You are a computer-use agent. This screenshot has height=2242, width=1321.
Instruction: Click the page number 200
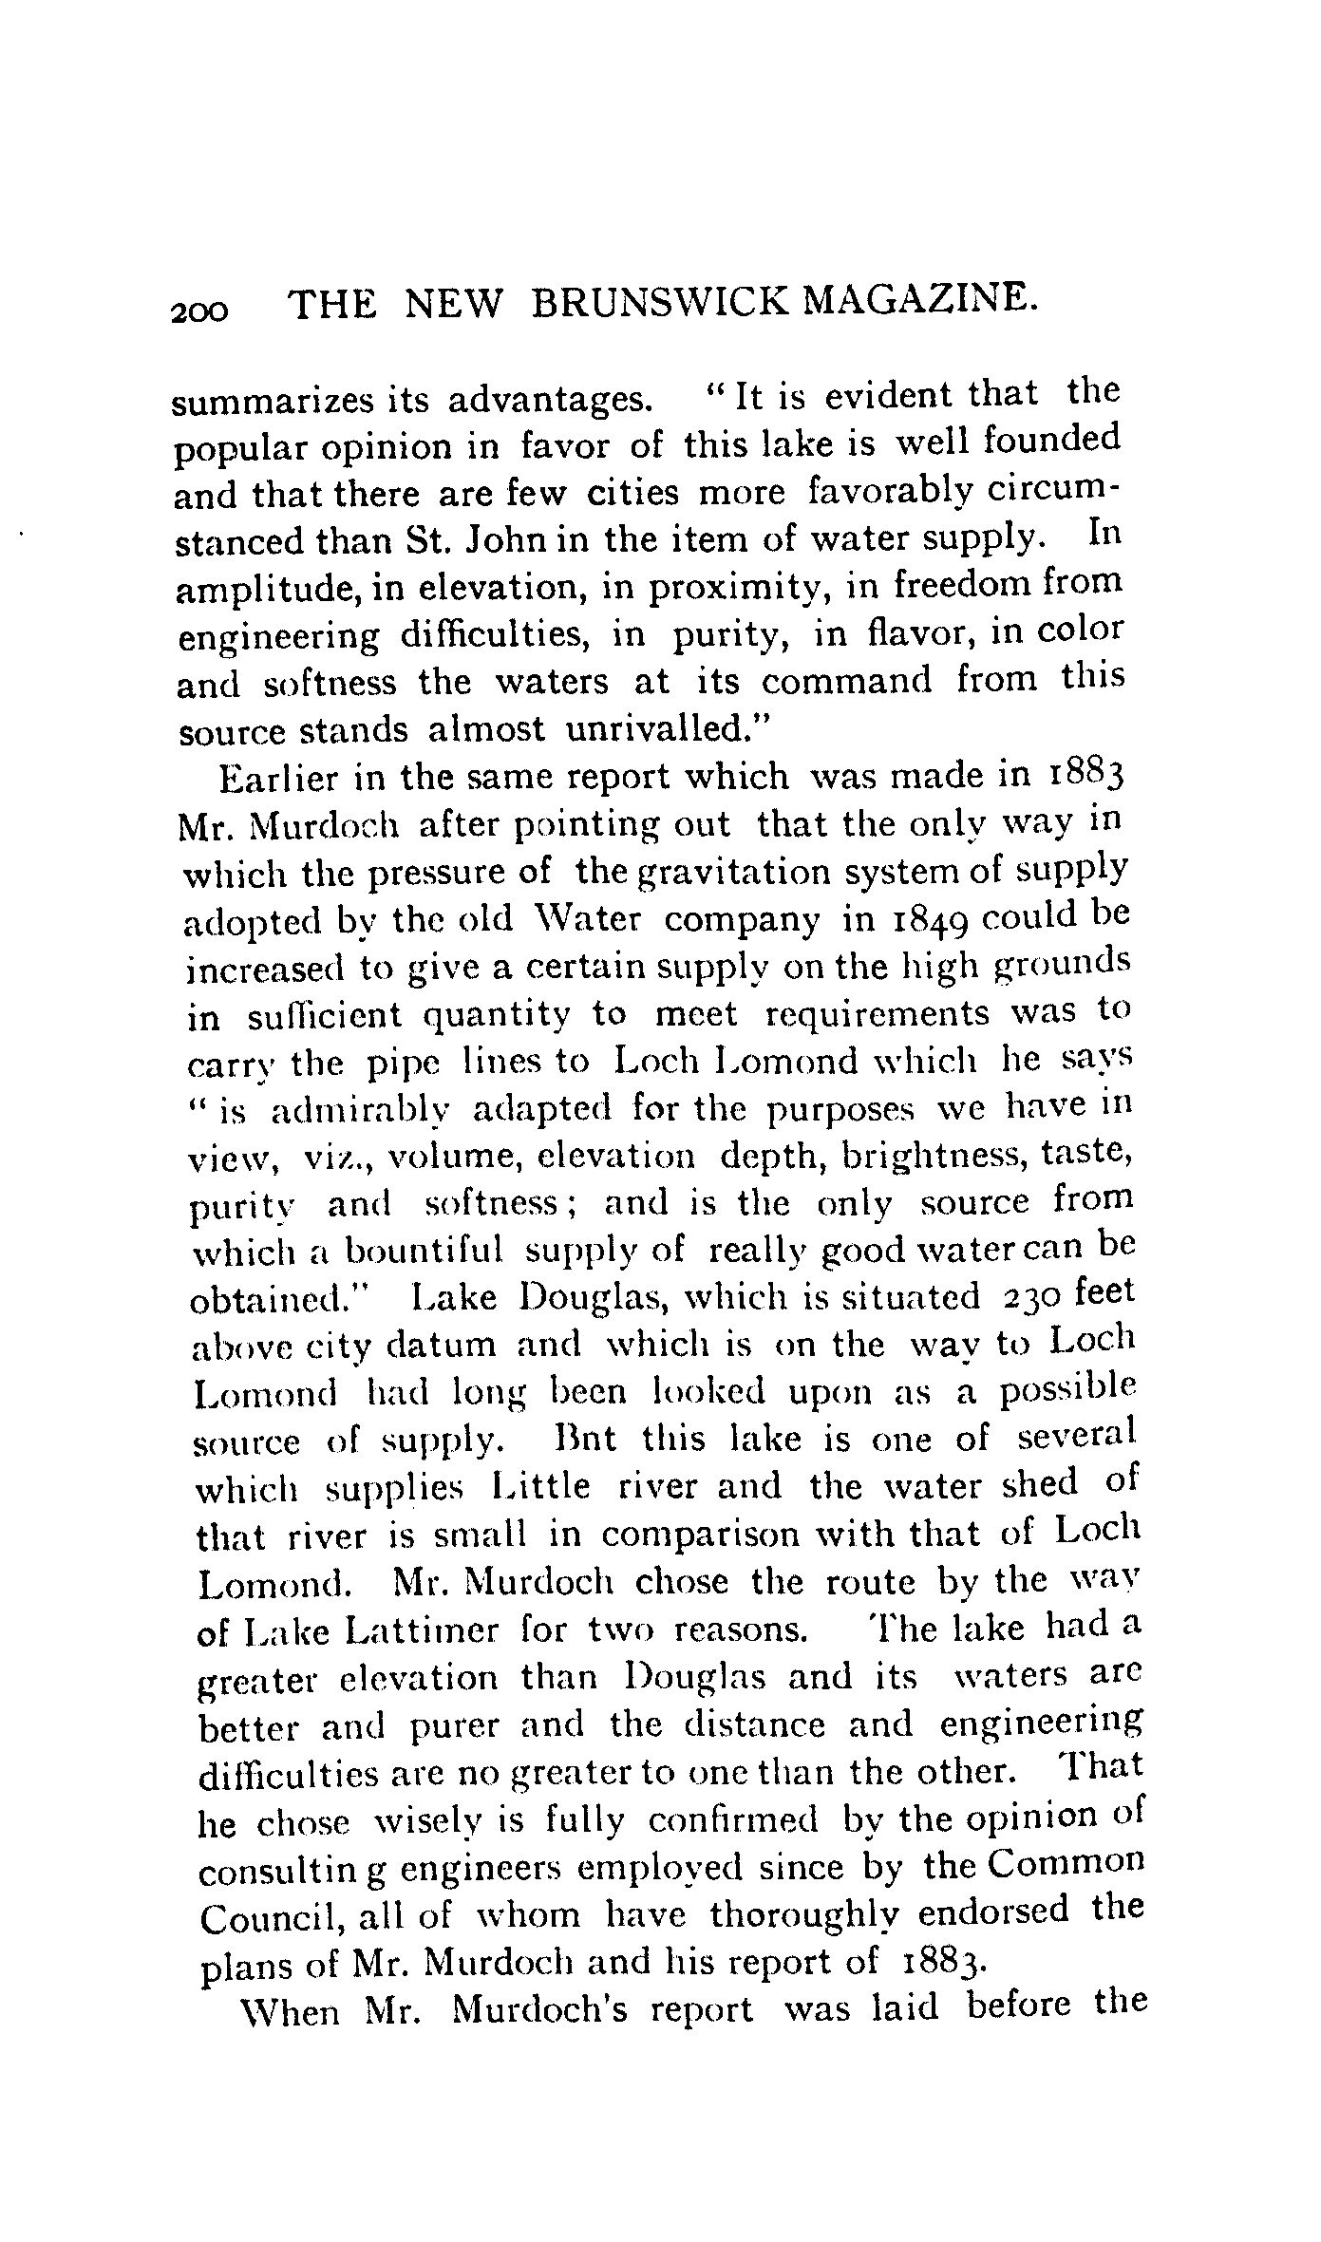tap(200, 310)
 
